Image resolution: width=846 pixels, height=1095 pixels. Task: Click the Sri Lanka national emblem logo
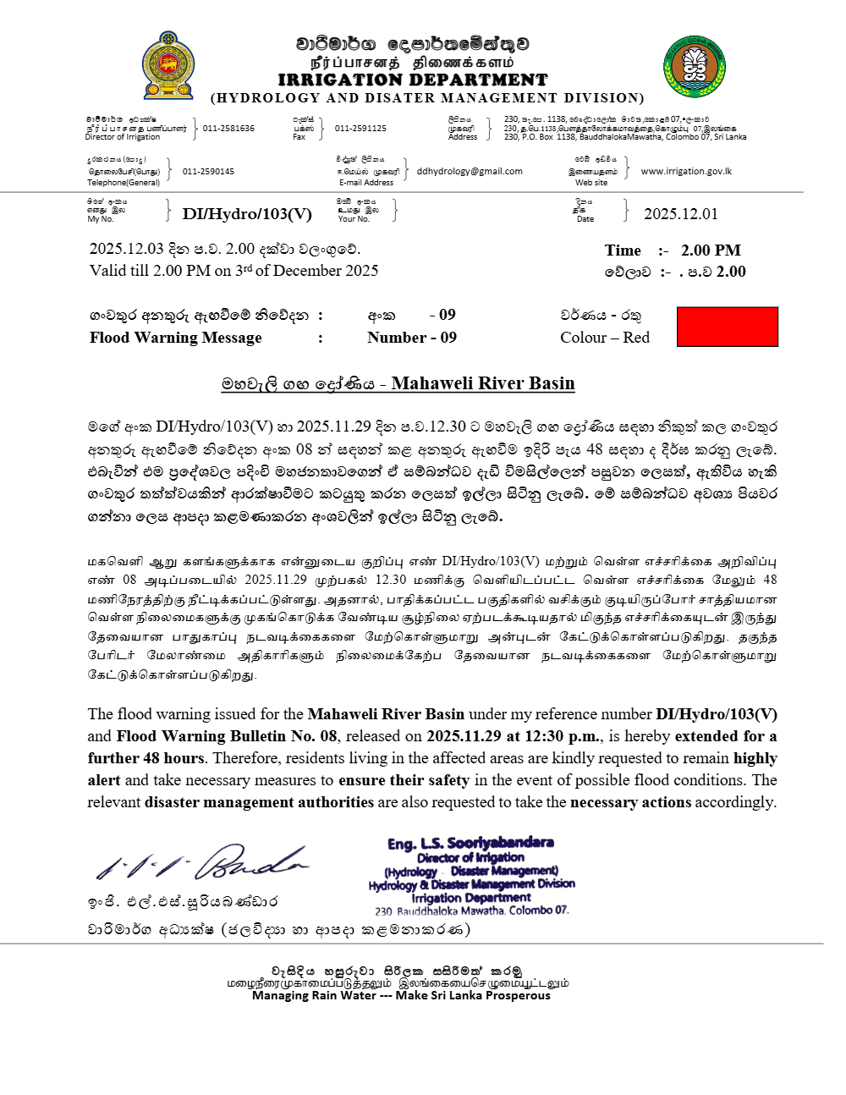point(168,66)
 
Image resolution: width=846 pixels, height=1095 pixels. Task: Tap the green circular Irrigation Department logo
point(694,66)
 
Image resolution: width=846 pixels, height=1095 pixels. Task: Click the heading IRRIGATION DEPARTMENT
point(413,80)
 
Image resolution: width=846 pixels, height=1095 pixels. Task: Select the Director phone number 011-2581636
point(228,129)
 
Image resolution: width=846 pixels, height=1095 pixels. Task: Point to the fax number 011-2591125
point(360,129)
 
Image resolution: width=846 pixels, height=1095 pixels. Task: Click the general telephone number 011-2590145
point(208,172)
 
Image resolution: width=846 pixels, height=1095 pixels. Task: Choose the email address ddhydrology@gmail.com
point(470,172)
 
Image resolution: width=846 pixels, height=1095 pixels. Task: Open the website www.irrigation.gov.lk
point(686,172)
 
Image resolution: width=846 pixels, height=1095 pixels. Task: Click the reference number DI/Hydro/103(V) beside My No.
point(247,214)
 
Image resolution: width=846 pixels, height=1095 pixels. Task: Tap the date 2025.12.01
point(681,214)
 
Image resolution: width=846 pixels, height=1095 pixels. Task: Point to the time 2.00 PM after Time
point(711,250)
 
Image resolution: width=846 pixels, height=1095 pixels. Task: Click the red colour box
point(728,327)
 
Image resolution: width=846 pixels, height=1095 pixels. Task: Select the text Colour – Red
point(605,338)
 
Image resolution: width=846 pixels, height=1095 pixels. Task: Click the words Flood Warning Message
point(176,338)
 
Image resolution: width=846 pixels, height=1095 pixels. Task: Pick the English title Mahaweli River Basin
point(482,383)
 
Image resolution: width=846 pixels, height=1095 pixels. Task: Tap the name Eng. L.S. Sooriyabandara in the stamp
point(470,843)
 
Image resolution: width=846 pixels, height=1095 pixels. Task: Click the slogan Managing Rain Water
point(314,996)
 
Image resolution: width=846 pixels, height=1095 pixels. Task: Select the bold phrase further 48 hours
point(146,758)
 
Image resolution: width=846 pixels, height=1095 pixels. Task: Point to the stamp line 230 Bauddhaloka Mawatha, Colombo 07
point(472,911)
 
